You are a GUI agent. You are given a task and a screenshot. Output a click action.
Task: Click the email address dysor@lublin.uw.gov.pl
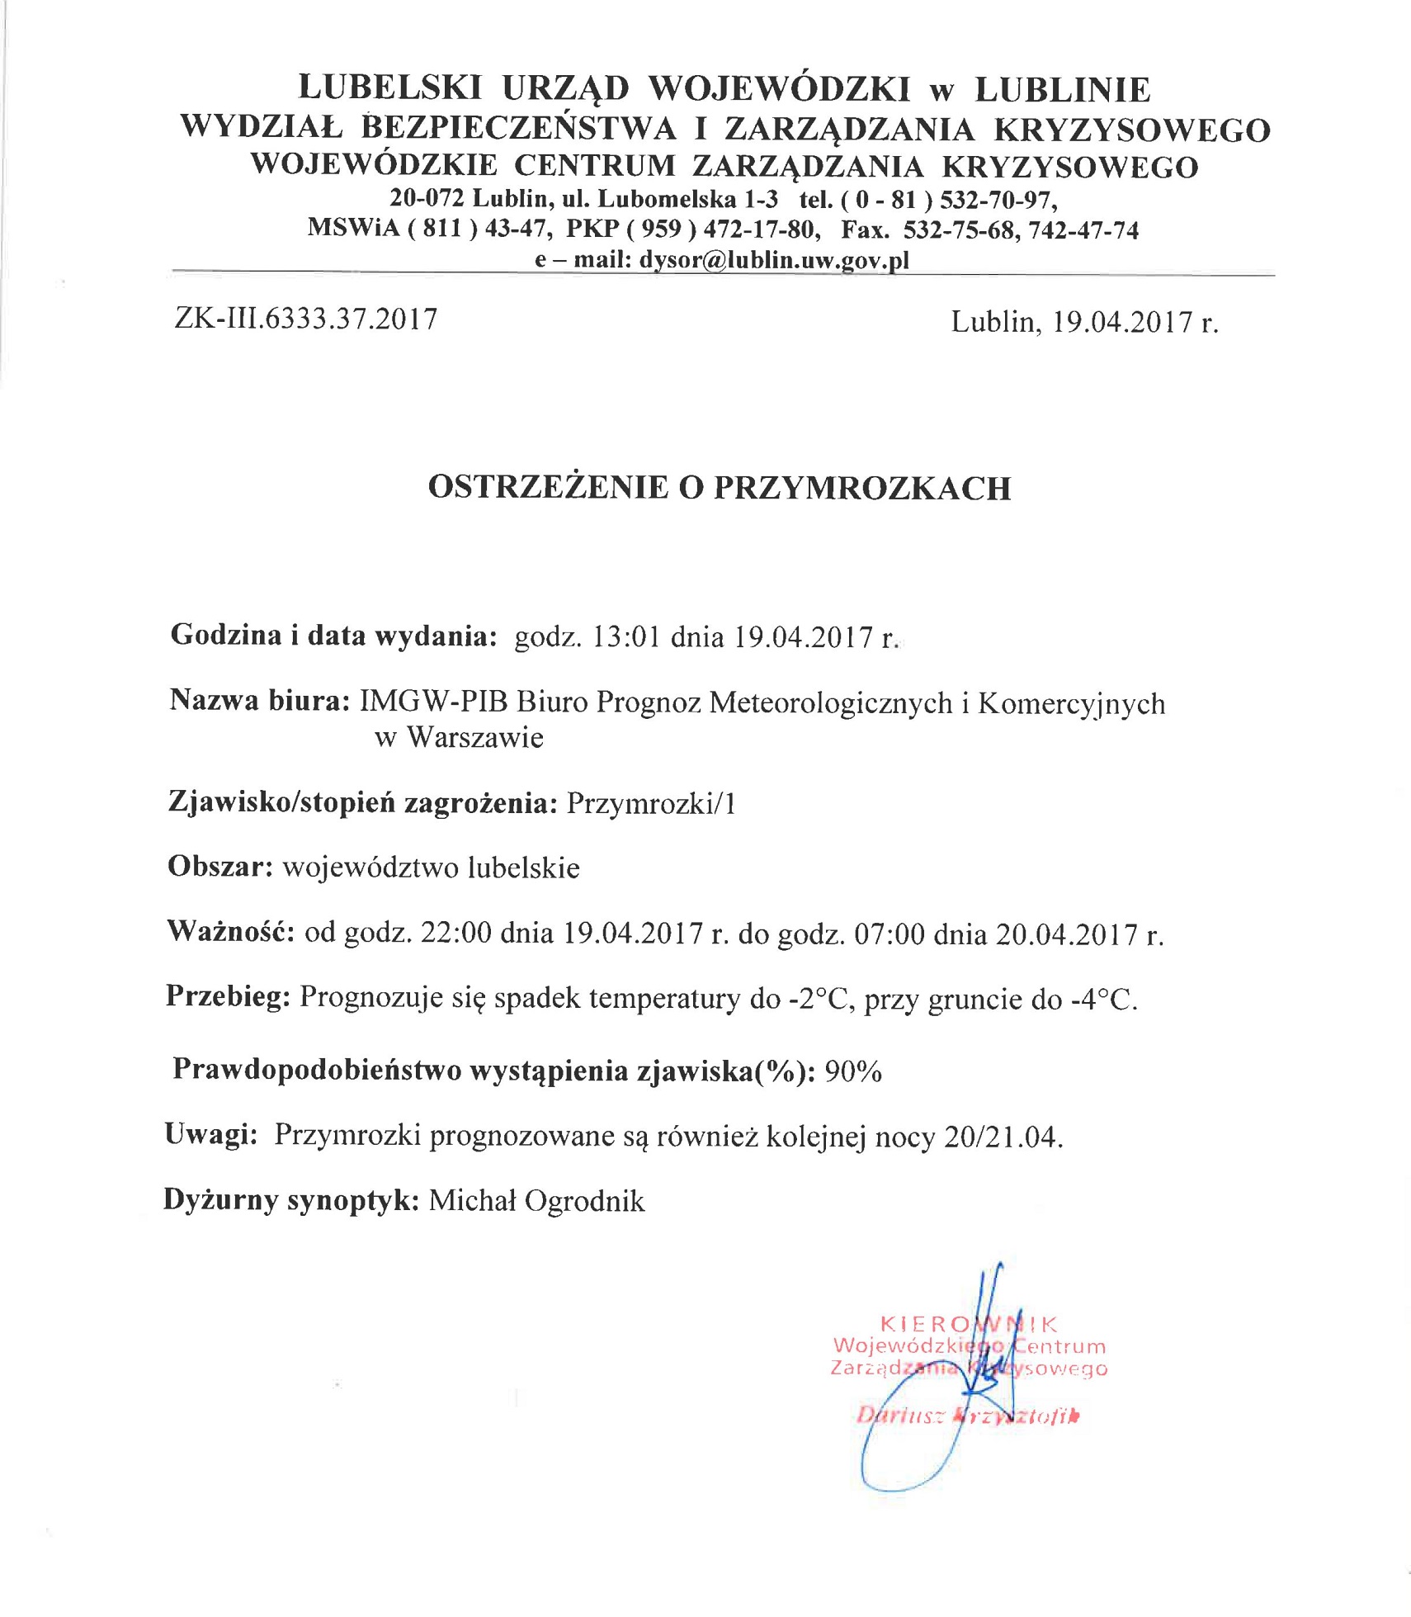(773, 261)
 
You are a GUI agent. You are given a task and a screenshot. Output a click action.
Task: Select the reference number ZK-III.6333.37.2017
(306, 319)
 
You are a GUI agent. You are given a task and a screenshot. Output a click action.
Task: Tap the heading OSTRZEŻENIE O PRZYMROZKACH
(720, 488)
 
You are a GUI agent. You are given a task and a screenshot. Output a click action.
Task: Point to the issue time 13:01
(626, 637)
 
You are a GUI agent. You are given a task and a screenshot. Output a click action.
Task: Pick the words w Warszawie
(459, 736)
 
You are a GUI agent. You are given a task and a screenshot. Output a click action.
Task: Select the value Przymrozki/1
(651, 803)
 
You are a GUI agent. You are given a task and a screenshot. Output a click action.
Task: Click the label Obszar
(220, 867)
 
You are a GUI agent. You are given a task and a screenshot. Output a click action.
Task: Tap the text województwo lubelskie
(431, 868)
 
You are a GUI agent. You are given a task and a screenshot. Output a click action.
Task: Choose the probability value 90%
(853, 1071)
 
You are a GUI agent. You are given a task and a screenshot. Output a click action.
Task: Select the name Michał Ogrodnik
(536, 1201)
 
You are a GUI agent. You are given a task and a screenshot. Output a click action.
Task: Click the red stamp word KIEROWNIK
(969, 1325)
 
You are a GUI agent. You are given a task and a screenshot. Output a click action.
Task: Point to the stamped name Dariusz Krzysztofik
(967, 1416)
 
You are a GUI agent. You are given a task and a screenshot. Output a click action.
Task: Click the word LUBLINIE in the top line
(1062, 89)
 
